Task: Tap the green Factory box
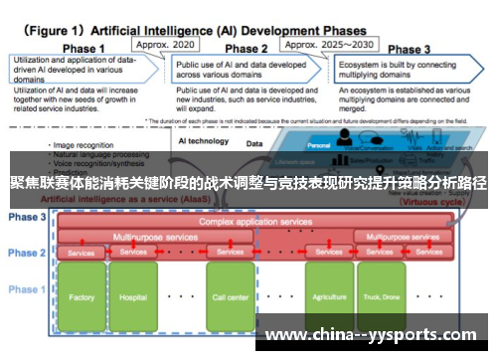click(x=82, y=296)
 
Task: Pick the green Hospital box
click(x=132, y=296)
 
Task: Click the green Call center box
click(x=231, y=296)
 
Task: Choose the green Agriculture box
click(x=329, y=296)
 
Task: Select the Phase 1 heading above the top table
click(x=84, y=49)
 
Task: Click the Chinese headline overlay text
click(x=248, y=183)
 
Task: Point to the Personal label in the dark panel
click(x=318, y=145)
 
